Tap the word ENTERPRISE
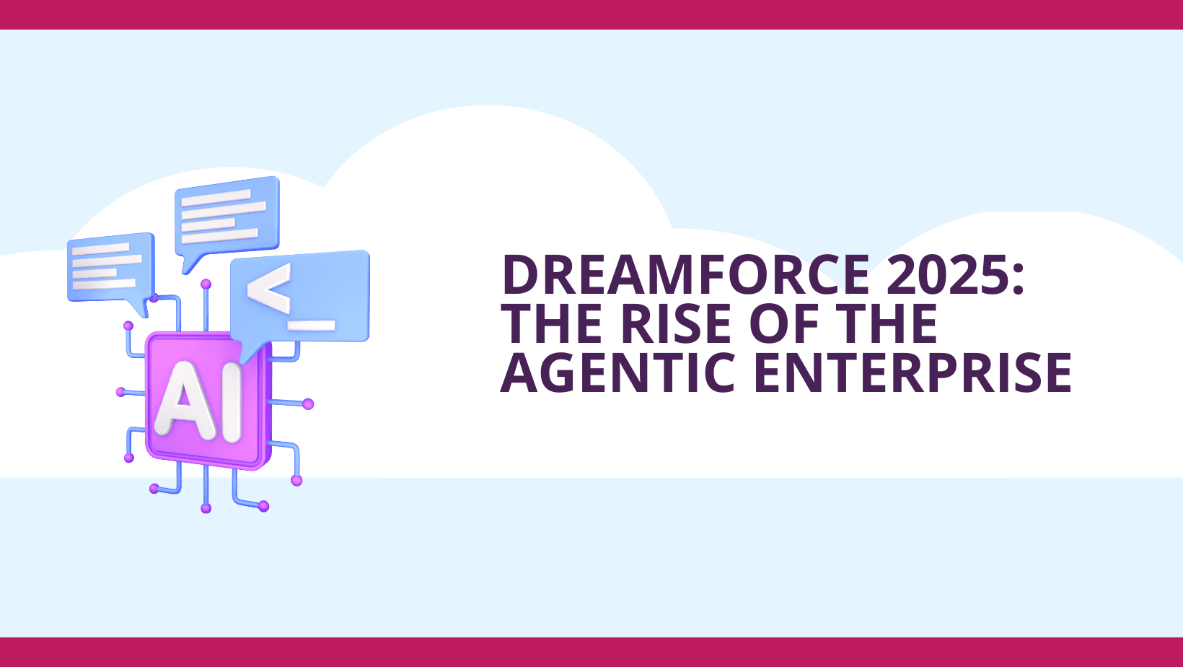[x=912, y=372]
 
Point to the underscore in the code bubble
[x=312, y=325]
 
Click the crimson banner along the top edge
[x=591, y=14]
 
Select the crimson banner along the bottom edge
[x=591, y=652]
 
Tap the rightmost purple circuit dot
[x=309, y=404]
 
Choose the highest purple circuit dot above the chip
[x=206, y=284]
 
